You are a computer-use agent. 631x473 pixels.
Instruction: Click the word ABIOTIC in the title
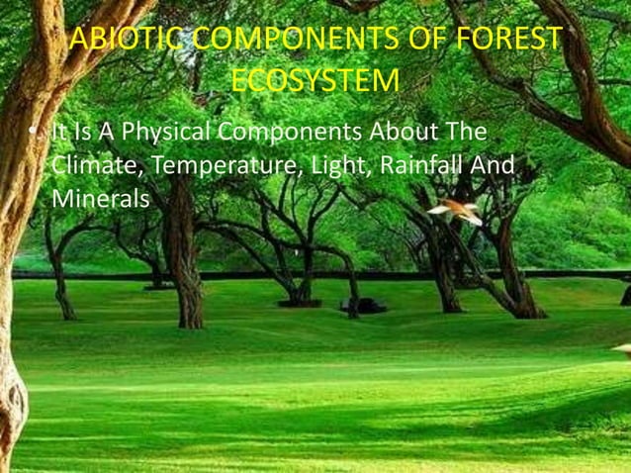pos(125,41)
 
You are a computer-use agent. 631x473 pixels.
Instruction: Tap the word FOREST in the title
pos(509,41)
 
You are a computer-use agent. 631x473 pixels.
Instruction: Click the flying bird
pos(454,209)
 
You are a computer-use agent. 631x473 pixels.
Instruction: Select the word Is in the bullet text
pos(80,133)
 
